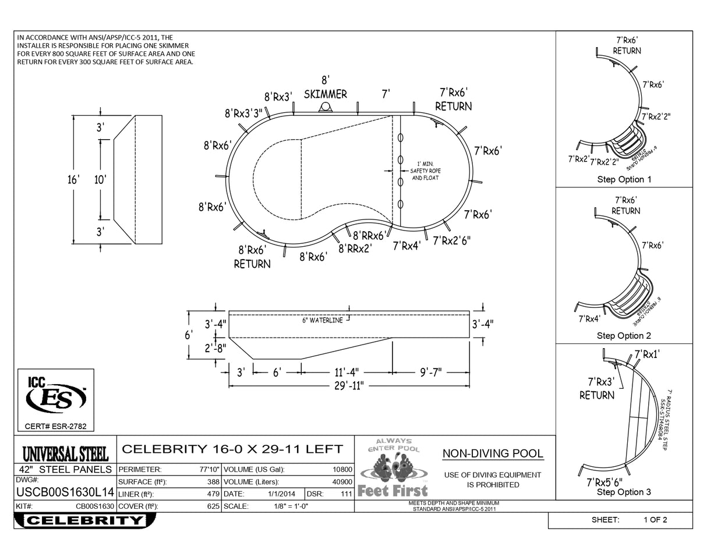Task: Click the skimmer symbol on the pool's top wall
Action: click(x=326, y=107)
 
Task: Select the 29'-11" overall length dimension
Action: click(x=348, y=385)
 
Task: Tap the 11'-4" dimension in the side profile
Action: click(x=347, y=371)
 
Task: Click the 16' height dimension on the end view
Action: click(x=73, y=180)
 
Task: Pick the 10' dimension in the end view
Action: click(x=100, y=180)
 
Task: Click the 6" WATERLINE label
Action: click(x=322, y=321)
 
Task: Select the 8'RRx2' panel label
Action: click(x=355, y=249)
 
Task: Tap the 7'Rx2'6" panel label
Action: click(x=451, y=240)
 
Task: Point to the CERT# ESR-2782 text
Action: click(x=56, y=427)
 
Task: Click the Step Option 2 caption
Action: click(x=624, y=336)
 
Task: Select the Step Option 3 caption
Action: click(x=624, y=492)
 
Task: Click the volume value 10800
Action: click(x=342, y=469)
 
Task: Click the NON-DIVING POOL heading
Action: click(x=493, y=454)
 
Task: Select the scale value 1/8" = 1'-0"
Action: click(x=291, y=506)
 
